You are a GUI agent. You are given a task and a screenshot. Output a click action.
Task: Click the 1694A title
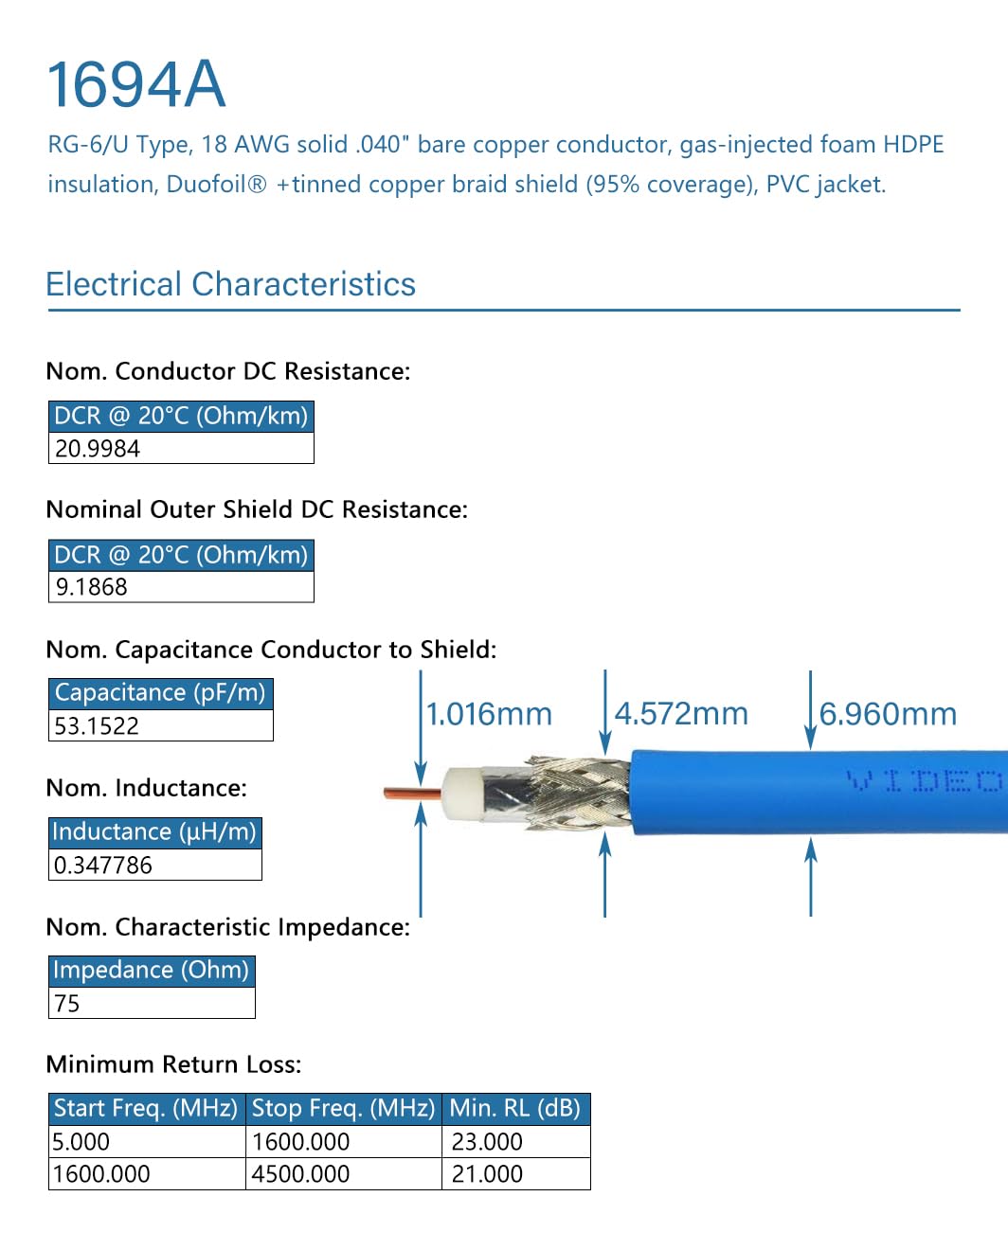coord(136,85)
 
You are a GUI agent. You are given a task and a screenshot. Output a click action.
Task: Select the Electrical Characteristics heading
coord(230,284)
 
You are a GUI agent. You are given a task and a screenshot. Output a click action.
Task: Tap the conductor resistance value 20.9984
coord(98,449)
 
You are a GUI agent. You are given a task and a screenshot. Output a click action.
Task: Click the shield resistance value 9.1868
coord(91,587)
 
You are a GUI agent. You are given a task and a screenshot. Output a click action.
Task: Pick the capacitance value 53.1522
coord(97,726)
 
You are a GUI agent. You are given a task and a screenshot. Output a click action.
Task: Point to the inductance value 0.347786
coord(102,865)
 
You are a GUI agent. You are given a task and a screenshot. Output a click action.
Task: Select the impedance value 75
coord(67,1004)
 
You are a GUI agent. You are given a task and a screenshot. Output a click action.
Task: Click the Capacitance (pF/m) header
coord(160,693)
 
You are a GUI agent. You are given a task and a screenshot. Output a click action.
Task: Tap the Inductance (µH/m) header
coord(154,831)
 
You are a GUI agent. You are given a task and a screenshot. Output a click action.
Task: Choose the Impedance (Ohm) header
coord(152,970)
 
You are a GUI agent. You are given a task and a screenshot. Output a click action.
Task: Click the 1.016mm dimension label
coord(489,714)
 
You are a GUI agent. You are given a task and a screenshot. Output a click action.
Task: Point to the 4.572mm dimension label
coord(681,714)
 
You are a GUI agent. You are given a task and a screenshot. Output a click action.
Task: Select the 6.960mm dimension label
coord(888,714)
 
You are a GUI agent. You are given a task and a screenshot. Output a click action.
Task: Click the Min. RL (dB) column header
coord(515,1108)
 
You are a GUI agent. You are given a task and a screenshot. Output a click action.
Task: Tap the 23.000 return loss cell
coord(487,1142)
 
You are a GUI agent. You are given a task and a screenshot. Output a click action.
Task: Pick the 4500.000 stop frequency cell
coord(301,1174)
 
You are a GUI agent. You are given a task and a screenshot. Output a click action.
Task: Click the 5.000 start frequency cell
coord(81,1142)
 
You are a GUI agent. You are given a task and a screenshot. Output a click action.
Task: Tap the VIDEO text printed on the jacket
coord(923,781)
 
